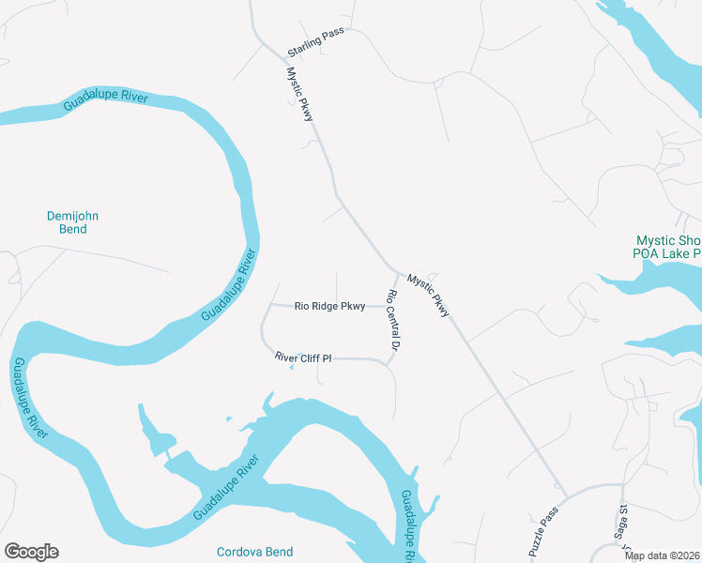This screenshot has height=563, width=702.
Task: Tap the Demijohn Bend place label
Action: coord(72,222)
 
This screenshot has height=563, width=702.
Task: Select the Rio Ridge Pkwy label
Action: coord(329,306)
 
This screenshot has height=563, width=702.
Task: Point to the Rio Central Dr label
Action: coord(394,321)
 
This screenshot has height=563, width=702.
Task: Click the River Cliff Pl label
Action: coord(305,358)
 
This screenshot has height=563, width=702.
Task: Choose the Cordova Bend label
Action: coord(254,552)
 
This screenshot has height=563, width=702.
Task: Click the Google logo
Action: coord(31,552)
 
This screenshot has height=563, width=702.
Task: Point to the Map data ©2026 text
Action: coord(662,555)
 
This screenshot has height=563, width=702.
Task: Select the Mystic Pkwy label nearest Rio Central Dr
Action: coord(429,294)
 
